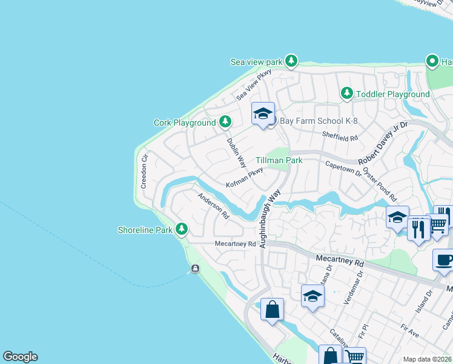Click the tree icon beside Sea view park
click(292, 61)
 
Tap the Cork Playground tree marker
click(225, 123)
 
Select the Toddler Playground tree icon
click(347, 93)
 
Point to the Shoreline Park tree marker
click(181, 229)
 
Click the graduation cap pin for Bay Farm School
click(263, 113)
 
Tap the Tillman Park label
click(279, 160)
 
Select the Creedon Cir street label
click(144, 172)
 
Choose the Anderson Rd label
click(214, 206)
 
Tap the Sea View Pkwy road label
click(254, 84)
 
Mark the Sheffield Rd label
click(340, 136)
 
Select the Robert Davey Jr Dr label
click(383, 144)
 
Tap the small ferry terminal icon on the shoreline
click(195, 269)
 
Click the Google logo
click(20, 357)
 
